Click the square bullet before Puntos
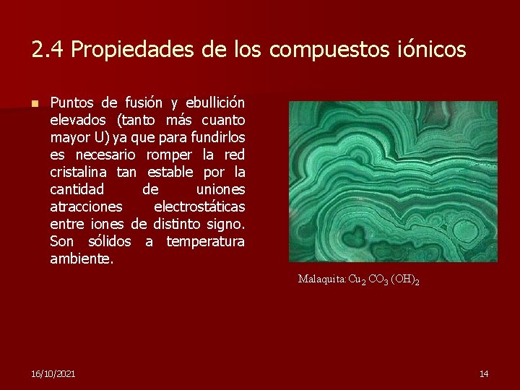[34, 103]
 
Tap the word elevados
[79, 119]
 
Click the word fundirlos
[216, 136]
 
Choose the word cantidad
[77, 189]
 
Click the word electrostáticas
[199, 207]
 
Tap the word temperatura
[205, 241]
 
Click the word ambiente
[82, 259]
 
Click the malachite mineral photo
[393, 181]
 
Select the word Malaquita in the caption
[322, 278]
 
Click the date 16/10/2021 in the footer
[53, 373]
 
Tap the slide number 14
[484, 373]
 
